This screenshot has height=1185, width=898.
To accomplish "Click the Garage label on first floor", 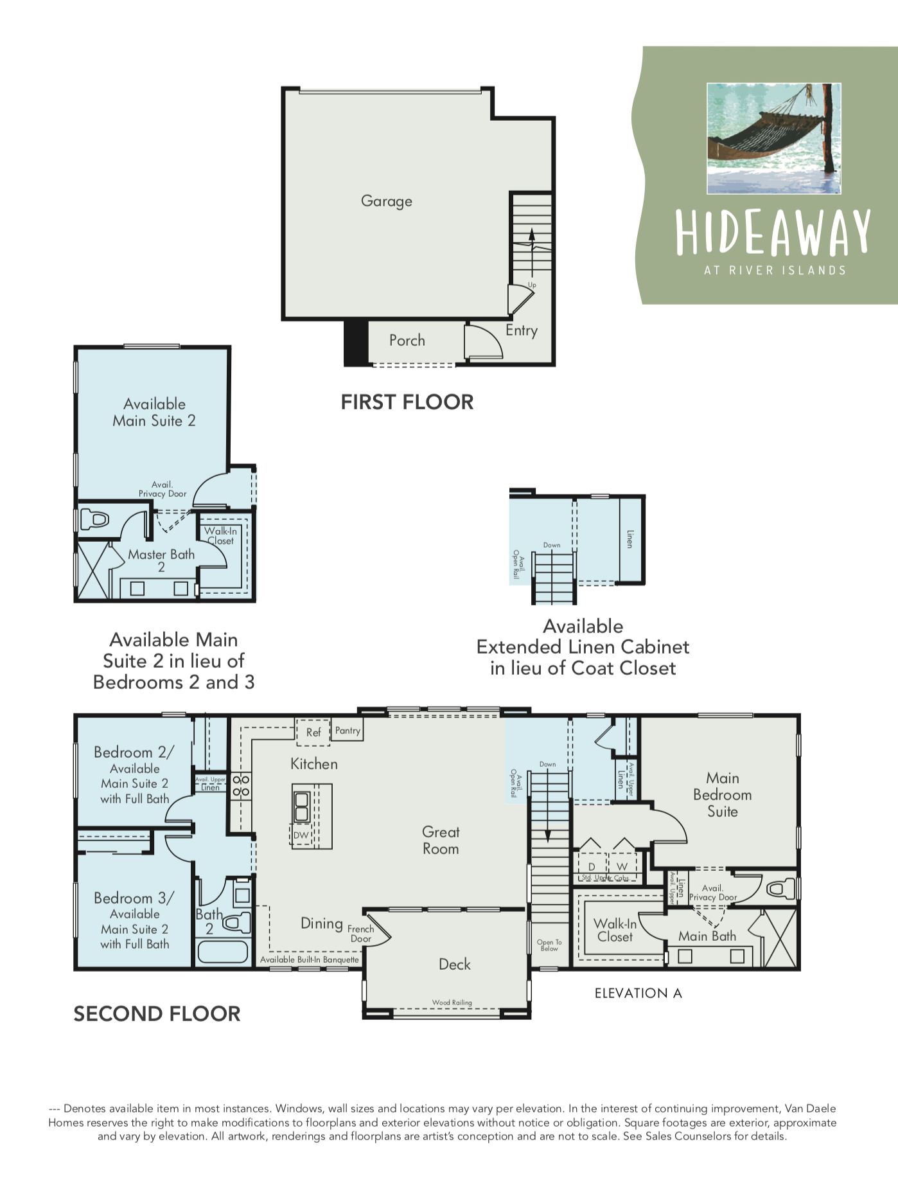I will (x=386, y=201).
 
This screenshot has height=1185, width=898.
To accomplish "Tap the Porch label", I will (x=407, y=341).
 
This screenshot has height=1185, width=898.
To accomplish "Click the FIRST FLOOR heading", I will (x=407, y=402).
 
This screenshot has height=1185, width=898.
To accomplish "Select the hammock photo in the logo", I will (x=773, y=138).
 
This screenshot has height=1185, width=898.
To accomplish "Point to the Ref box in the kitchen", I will (x=313, y=733).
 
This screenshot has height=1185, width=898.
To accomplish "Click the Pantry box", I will (x=348, y=731).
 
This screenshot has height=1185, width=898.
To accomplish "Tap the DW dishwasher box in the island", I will (x=301, y=835).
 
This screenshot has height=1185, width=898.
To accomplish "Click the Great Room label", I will (x=441, y=840).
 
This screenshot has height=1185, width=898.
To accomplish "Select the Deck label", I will (x=454, y=964).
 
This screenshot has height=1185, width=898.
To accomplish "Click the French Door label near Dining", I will (x=361, y=934).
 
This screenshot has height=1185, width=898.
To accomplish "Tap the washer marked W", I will (x=622, y=867).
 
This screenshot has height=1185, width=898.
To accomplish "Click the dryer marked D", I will (x=592, y=867).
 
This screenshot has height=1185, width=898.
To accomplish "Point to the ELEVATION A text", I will (x=638, y=993).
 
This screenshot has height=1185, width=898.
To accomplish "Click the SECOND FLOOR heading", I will (x=157, y=1014).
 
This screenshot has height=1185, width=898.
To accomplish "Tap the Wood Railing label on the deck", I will (x=452, y=1002).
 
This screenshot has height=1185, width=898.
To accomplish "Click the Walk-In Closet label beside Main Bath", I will (x=615, y=930).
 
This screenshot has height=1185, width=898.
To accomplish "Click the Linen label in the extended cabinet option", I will (x=630, y=539).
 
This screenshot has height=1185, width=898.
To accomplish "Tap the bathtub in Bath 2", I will (x=222, y=951).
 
